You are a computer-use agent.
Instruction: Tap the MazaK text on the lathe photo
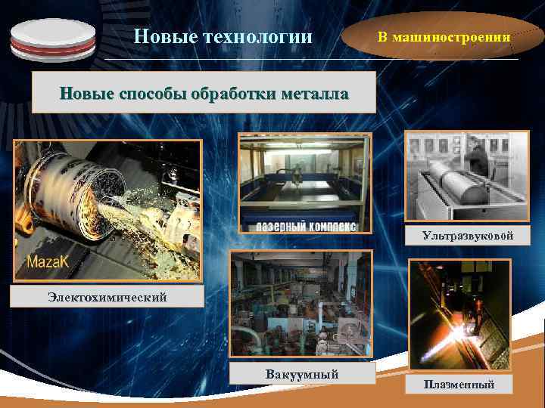point(49,263)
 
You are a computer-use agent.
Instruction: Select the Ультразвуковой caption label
point(468,236)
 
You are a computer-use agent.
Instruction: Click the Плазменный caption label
point(459,385)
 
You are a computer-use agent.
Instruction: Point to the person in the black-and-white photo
point(476,159)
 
